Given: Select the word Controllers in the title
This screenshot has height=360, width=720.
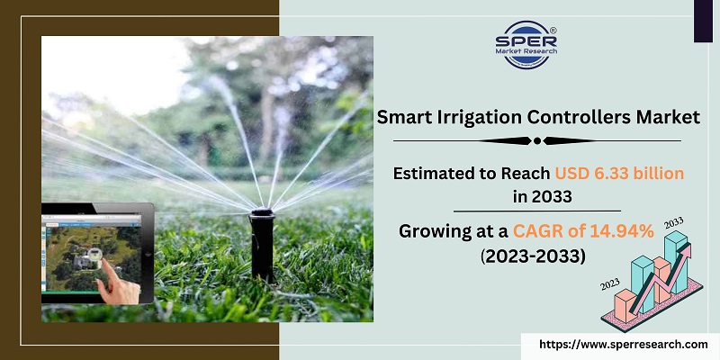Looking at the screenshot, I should [x=592, y=116].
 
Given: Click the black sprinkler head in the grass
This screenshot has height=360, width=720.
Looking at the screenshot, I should [x=262, y=243].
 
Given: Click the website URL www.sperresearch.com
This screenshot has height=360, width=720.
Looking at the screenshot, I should [x=622, y=344].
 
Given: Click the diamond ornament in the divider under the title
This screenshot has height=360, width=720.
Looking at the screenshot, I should [x=538, y=140].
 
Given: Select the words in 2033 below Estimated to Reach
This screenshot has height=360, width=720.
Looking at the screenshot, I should [x=538, y=196].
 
